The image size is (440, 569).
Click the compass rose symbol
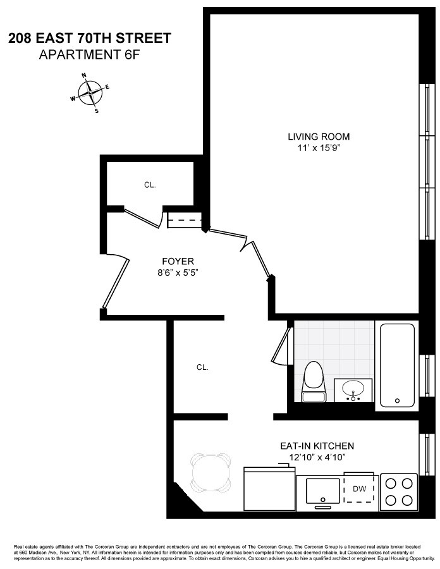90,93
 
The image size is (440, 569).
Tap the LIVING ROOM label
318,137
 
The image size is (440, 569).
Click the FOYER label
178,261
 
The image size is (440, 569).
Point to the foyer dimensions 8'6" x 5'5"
178,273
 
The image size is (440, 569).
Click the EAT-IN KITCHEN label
317,446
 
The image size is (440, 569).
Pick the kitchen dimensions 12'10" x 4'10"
317,457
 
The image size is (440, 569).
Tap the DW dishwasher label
360,489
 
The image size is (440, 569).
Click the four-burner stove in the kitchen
398,492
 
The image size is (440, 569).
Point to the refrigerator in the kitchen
269,489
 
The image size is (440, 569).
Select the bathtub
397,364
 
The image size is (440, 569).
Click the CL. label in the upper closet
150,185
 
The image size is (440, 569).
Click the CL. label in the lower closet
202,367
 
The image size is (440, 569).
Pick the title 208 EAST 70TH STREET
89,39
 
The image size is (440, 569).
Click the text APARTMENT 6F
89,54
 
